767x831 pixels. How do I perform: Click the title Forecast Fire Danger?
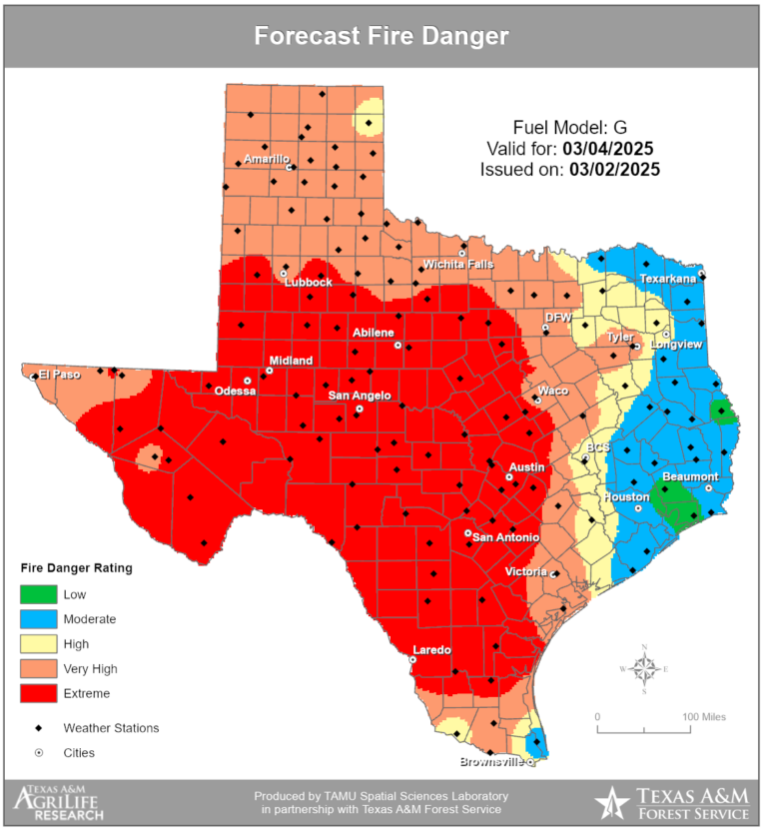click(x=382, y=36)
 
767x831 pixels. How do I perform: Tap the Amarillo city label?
click(x=267, y=159)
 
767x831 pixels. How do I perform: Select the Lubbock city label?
click(x=308, y=283)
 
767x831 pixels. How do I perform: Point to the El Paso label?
click(x=59, y=376)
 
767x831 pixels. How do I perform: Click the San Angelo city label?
click(x=360, y=396)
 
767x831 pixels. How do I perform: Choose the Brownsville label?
click(x=491, y=763)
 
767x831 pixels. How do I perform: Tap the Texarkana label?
click(x=667, y=279)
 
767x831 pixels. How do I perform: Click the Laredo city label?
click(x=432, y=650)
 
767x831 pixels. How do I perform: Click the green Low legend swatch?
click(x=38, y=594)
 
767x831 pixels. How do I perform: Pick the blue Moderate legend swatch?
click(x=38, y=619)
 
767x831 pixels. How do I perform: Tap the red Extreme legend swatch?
click(x=38, y=693)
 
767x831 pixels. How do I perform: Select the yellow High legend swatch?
click(x=38, y=644)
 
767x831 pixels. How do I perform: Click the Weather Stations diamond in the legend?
click(x=38, y=728)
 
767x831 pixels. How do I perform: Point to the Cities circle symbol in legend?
click(x=38, y=753)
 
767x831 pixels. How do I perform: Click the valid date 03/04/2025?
click(x=607, y=149)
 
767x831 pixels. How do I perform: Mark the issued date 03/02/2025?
click(x=614, y=170)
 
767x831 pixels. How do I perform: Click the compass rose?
click(x=645, y=668)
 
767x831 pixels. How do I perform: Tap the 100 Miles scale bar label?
click(x=704, y=717)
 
